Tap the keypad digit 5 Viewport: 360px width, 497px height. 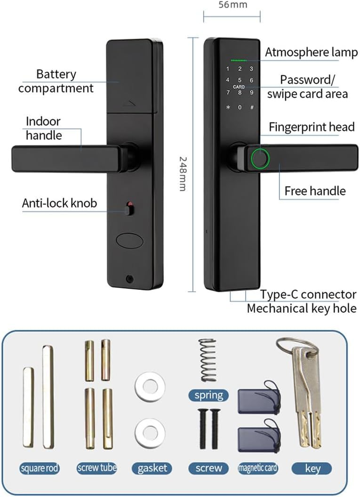240,80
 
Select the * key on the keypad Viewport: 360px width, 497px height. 228,108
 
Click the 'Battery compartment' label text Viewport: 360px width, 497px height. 56,81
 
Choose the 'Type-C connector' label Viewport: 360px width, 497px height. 308,295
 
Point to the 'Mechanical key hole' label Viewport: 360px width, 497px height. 301,309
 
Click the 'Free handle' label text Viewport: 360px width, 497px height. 315,191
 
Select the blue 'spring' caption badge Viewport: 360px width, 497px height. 209,395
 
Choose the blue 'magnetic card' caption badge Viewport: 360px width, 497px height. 258,468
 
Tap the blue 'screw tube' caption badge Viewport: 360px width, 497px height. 97,468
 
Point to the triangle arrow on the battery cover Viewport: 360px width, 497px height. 129,104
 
